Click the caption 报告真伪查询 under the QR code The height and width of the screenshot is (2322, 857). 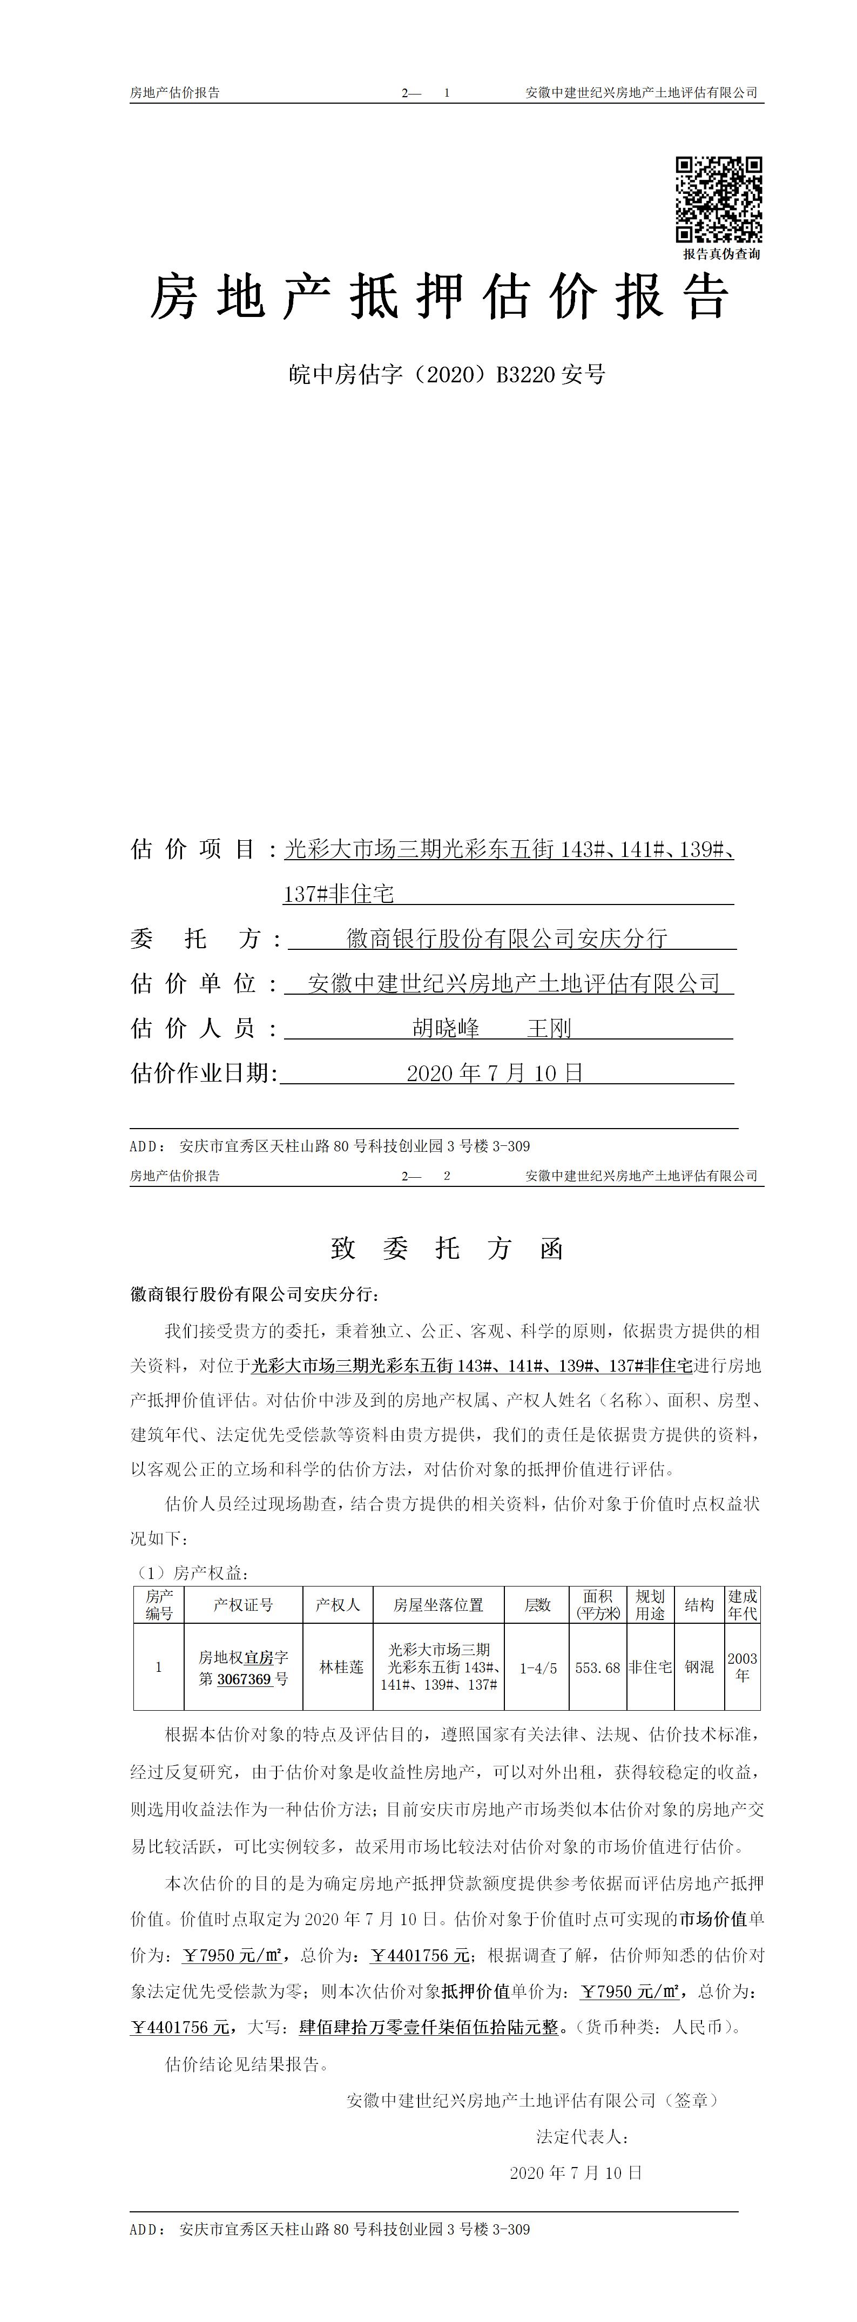point(721,254)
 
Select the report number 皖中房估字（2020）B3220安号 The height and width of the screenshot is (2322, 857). point(447,374)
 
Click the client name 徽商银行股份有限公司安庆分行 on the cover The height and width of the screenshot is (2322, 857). point(508,939)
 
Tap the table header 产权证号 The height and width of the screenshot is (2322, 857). point(244,1604)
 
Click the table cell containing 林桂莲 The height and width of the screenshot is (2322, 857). point(341,1666)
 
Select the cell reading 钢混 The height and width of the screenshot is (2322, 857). point(699,1666)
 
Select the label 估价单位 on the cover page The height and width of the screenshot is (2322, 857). point(194,983)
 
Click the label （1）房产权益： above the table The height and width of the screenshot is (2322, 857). point(192,1572)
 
